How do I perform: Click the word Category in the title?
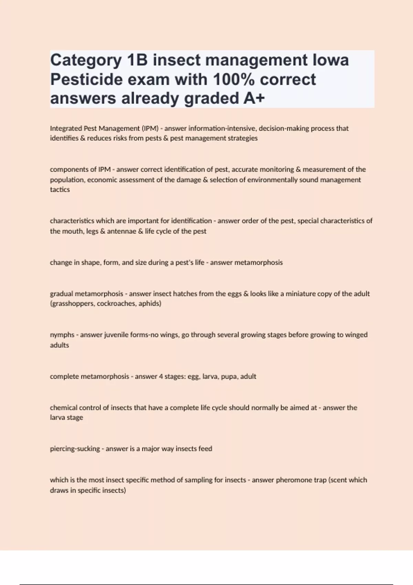86,61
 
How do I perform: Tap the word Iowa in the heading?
331,60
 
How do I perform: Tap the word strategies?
243,138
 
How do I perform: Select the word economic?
103,180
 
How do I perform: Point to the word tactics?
60,190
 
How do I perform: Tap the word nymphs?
62,335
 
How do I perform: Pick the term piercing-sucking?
75,449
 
